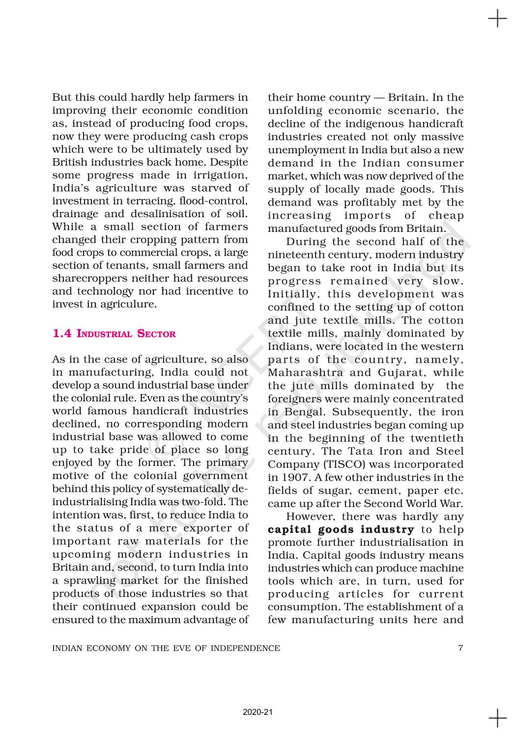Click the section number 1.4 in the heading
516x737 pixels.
(x=62, y=334)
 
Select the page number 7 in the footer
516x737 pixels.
(x=460, y=648)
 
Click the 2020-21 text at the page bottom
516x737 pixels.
(x=258, y=712)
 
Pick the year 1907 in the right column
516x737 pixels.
(x=293, y=477)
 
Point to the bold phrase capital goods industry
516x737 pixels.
(x=341, y=530)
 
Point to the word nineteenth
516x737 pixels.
(x=296, y=255)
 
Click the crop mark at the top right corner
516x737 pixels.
(x=497, y=19)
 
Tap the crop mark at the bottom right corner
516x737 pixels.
(x=497, y=718)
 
